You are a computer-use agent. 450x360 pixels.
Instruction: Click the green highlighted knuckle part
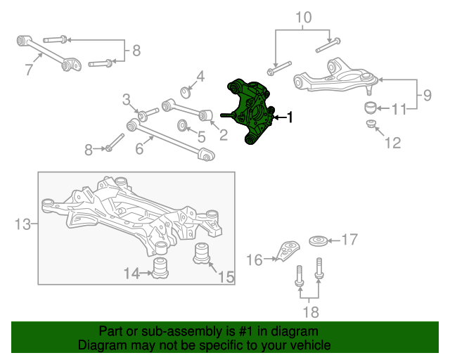point(250,112)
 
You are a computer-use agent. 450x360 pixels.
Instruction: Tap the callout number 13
point(22,224)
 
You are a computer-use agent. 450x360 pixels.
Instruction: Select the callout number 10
point(303,18)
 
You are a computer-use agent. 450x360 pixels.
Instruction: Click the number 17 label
point(349,240)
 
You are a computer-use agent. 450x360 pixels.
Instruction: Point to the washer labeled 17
point(319,241)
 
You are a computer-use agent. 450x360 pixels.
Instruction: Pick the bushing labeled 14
point(160,268)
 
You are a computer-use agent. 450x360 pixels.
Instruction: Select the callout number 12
point(392,143)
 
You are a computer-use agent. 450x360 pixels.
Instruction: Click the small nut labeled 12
point(371,124)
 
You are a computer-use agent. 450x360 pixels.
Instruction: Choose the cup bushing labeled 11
point(371,108)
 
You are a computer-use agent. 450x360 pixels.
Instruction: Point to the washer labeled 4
point(186,92)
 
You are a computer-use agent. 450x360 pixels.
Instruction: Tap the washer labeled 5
point(182,125)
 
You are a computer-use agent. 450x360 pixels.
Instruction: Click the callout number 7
point(29,70)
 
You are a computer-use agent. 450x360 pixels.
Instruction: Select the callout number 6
point(139,148)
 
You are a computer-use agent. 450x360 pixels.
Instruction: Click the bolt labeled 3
point(148,114)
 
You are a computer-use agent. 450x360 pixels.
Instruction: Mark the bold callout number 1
point(290,117)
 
